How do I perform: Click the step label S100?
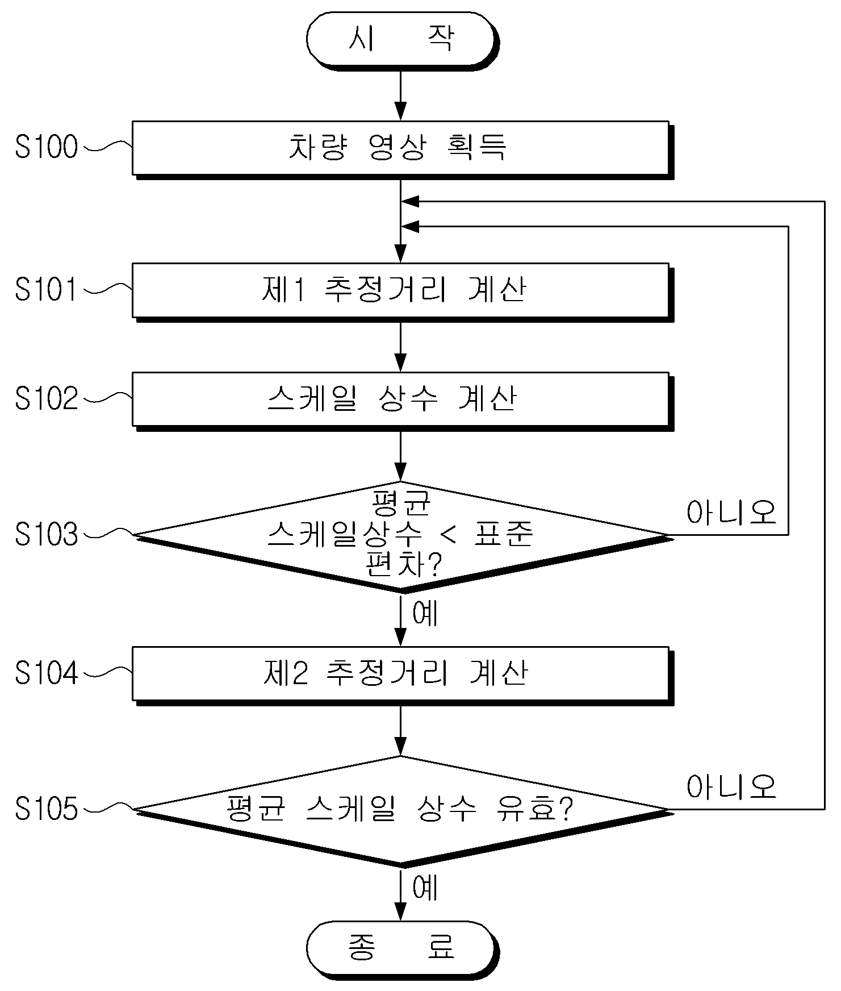(47, 148)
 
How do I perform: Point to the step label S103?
(47, 535)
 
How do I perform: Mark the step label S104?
(47, 673)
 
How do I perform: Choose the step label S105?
(47, 809)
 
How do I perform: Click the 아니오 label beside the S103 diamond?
(731, 513)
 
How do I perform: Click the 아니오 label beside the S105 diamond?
(731, 787)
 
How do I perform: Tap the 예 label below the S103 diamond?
(425, 613)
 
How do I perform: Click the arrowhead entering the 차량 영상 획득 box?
(401, 111)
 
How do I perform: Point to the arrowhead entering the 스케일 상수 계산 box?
(401, 363)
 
